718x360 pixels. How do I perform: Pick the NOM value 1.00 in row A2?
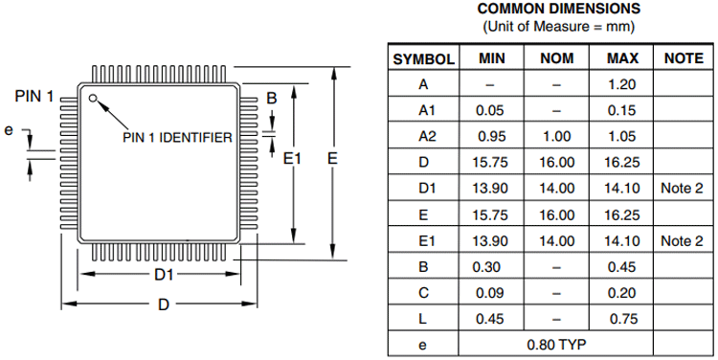click(x=557, y=136)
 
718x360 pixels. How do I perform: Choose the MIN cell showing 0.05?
click(x=490, y=110)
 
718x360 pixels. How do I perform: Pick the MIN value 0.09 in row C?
click(x=490, y=291)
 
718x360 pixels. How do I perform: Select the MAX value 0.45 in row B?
click(x=622, y=265)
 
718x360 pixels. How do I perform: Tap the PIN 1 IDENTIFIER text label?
click(x=178, y=138)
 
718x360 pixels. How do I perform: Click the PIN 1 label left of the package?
click(x=34, y=97)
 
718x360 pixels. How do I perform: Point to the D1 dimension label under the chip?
click(x=164, y=275)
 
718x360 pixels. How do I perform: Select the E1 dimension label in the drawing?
click(x=293, y=159)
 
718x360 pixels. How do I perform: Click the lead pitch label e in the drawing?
click(x=10, y=130)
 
